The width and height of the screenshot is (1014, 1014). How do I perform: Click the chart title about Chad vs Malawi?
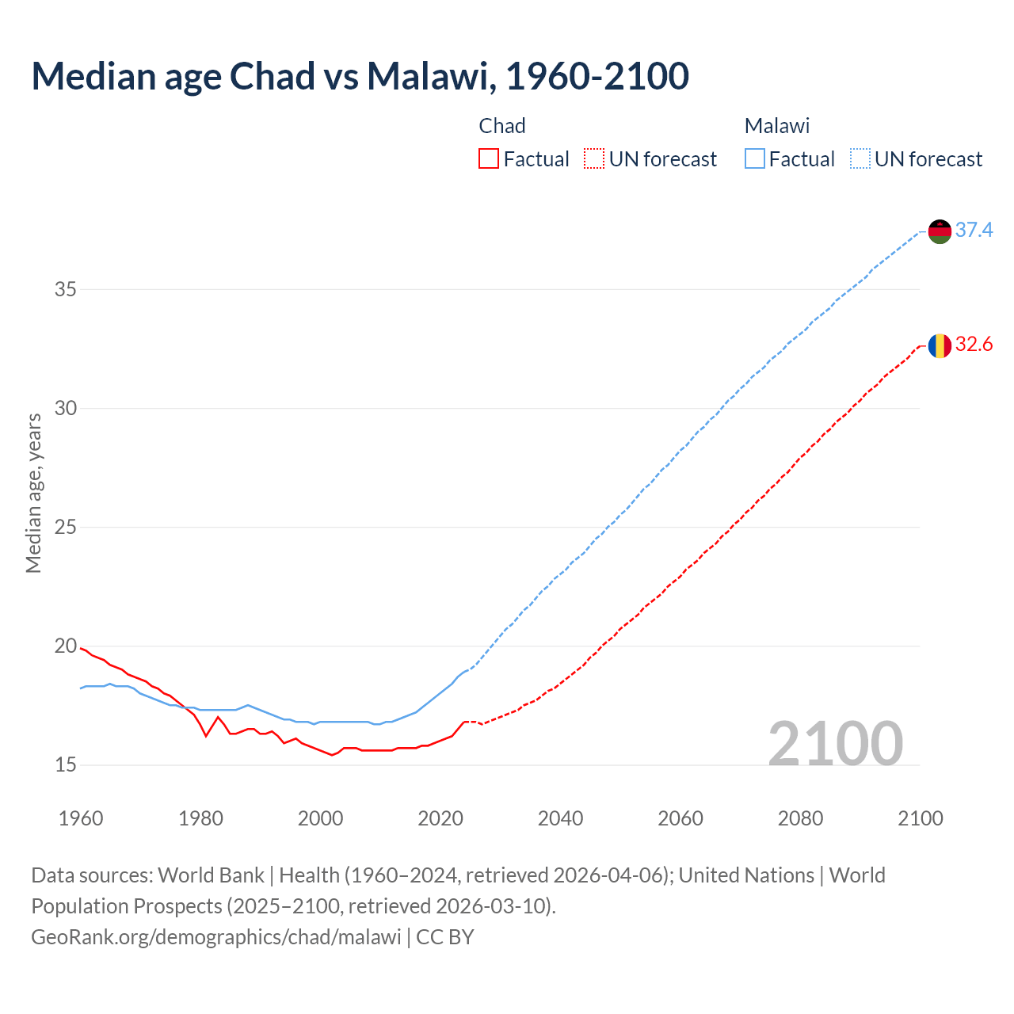click(x=360, y=76)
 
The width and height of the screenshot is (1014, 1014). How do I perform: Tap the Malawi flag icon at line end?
click(x=940, y=231)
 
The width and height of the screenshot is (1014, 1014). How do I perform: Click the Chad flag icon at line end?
click(x=940, y=345)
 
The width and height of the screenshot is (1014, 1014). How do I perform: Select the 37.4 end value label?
click(x=974, y=230)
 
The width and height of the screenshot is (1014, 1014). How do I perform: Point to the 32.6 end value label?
click(x=974, y=344)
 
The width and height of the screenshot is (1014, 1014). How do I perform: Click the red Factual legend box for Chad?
click(x=489, y=159)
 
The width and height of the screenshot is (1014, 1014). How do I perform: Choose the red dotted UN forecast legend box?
click(x=594, y=159)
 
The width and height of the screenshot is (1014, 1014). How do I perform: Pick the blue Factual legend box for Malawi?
click(x=755, y=159)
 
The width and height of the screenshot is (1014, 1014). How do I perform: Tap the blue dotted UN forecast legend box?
click(x=860, y=159)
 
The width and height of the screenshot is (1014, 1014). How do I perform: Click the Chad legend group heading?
click(x=502, y=126)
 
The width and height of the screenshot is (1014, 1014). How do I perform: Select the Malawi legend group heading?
click(x=776, y=126)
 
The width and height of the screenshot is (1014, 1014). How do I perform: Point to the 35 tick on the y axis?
click(x=65, y=289)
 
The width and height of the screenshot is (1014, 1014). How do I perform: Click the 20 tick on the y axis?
click(x=65, y=646)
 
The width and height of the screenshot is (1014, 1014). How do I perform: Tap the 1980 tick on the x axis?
click(x=200, y=818)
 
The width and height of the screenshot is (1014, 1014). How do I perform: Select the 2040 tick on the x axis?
click(x=560, y=818)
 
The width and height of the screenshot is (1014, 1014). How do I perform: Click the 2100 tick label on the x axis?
click(x=920, y=818)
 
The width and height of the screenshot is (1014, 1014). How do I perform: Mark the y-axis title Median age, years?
click(x=33, y=493)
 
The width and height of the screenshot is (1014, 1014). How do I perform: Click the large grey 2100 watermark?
click(x=835, y=743)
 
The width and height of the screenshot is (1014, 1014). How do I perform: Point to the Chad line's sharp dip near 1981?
click(x=206, y=736)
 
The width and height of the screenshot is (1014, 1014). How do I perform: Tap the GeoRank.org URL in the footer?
click(x=216, y=936)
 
